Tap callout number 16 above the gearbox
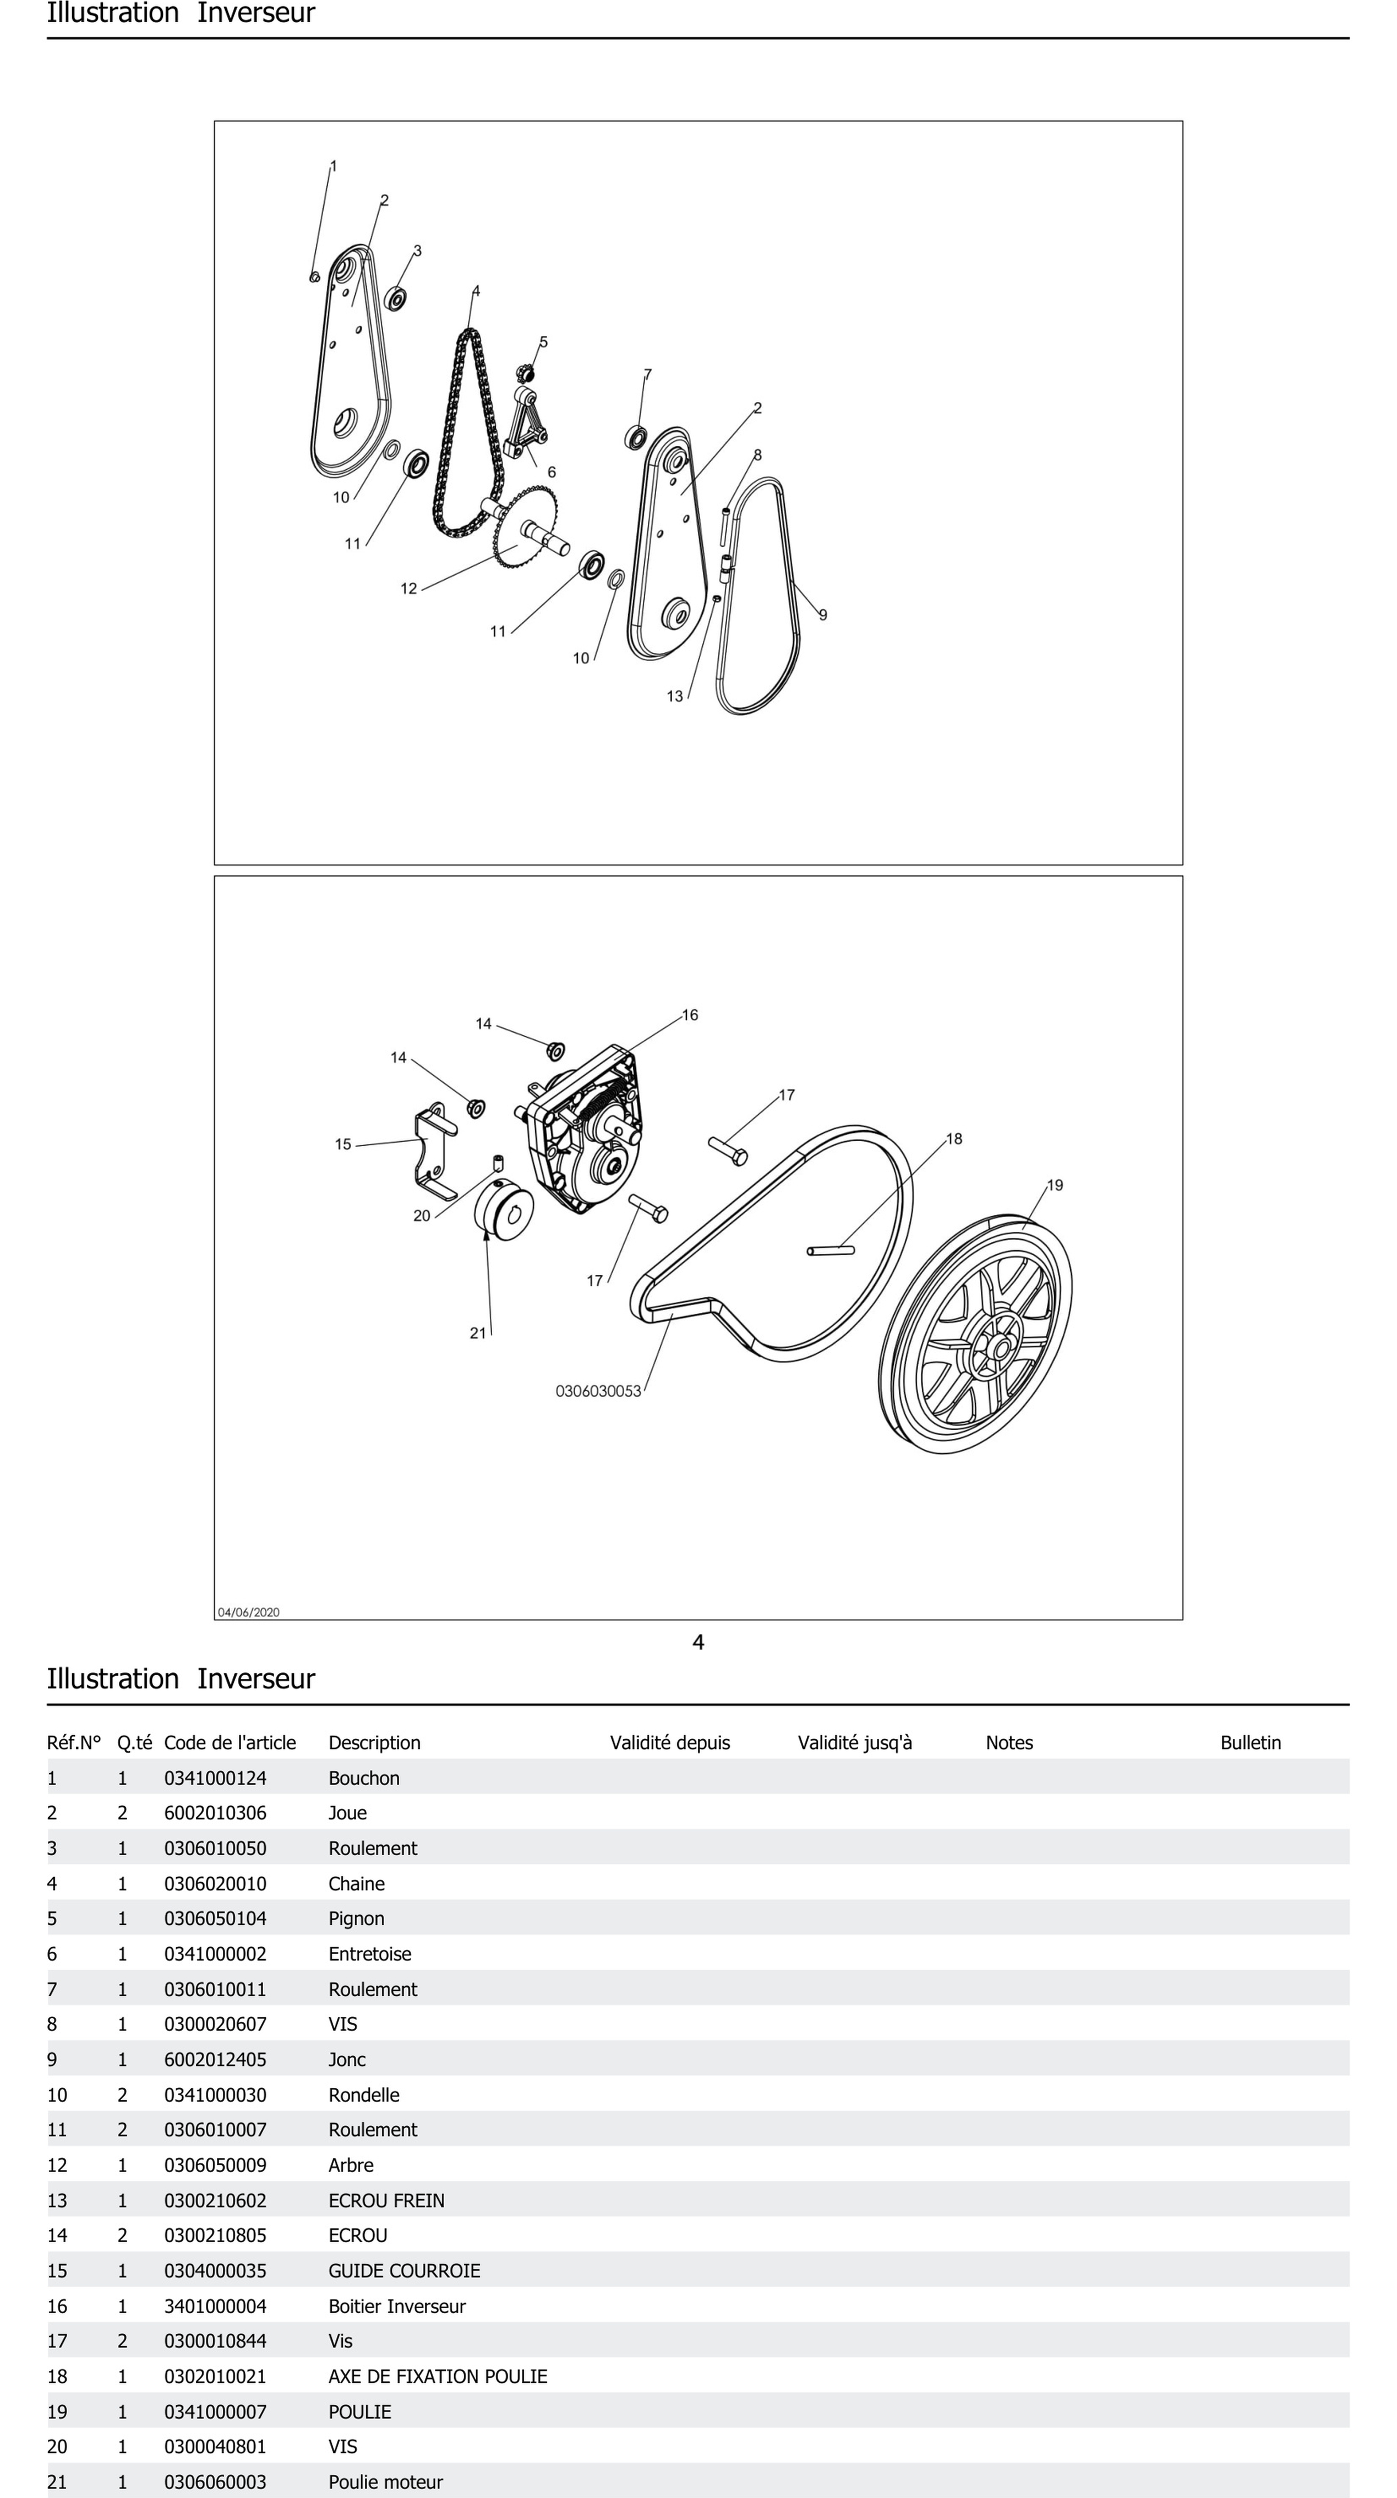point(689,1015)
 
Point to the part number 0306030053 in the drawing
point(598,1391)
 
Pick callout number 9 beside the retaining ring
point(823,615)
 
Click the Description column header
point(374,1743)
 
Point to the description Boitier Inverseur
point(396,2306)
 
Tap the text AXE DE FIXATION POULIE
point(437,2377)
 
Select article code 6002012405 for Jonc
point(215,2060)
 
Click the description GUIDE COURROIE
point(404,2271)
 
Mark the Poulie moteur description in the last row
point(385,2482)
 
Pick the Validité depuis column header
point(670,1743)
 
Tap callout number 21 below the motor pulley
point(478,1334)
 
